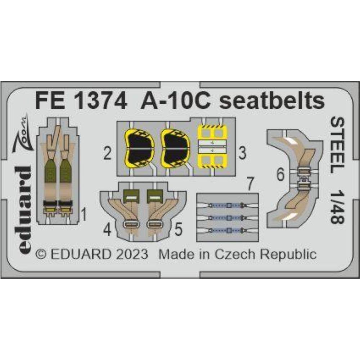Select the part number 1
(84, 214)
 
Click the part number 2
(107, 153)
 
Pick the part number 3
(243, 153)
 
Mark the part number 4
(107, 230)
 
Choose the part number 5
(179, 229)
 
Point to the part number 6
(280, 175)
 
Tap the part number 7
(250, 184)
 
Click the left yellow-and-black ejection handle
(139, 149)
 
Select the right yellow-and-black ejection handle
(175, 149)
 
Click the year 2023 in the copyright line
(132, 255)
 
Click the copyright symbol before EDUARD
(41, 255)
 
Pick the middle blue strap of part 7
(227, 218)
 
